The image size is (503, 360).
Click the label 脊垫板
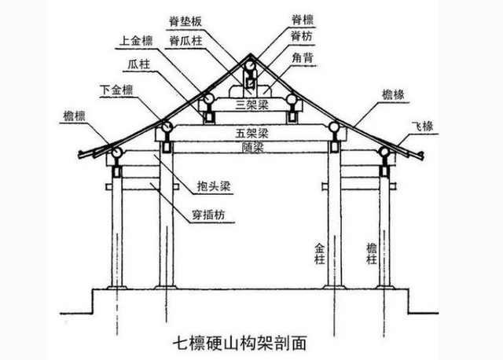click(185, 21)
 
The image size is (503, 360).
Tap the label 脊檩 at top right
click(302, 20)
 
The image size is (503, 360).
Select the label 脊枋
click(302, 36)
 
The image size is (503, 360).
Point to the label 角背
click(302, 58)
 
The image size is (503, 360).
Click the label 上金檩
click(136, 41)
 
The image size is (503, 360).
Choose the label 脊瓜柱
click(185, 41)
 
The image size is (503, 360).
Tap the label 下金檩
click(116, 90)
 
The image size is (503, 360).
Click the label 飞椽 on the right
click(423, 126)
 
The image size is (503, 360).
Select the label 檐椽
click(393, 94)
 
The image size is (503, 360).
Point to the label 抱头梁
click(214, 186)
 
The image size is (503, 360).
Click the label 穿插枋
click(208, 215)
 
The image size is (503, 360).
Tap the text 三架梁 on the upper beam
click(251, 105)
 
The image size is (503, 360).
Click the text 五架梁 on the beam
click(251, 133)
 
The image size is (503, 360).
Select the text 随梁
click(253, 147)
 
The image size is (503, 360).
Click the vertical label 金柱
click(320, 253)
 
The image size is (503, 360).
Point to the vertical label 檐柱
click(372, 253)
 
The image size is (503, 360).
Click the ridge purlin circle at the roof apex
click(250, 66)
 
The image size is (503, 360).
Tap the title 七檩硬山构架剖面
click(240, 343)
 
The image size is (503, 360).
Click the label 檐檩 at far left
click(74, 116)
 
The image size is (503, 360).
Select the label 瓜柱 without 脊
click(139, 64)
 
